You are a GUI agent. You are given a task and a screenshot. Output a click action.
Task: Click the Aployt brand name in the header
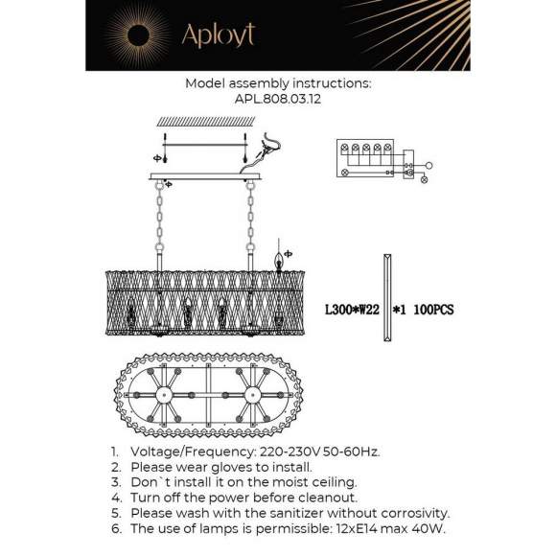click(x=218, y=35)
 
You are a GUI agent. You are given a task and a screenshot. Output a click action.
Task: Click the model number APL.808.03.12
click(x=277, y=97)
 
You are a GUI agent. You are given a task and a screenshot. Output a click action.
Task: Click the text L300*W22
click(x=353, y=311)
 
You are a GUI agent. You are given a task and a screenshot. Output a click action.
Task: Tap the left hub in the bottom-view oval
click(x=162, y=395)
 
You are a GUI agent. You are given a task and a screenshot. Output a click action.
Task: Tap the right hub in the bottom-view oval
click(x=254, y=395)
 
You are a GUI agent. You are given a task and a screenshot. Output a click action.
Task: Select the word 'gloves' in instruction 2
click(x=220, y=466)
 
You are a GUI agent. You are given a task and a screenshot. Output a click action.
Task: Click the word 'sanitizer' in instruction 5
click(x=285, y=513)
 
